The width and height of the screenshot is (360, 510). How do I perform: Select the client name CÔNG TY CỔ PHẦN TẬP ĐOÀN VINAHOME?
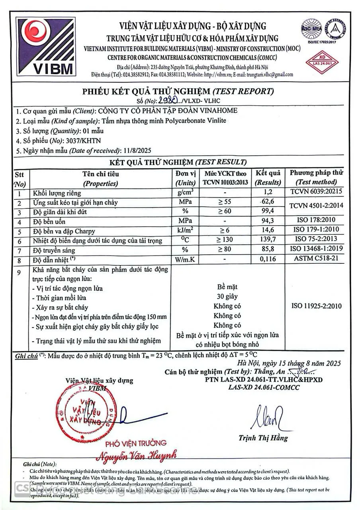[x=168, y=111]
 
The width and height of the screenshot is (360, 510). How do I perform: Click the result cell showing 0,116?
[x=268, y=259]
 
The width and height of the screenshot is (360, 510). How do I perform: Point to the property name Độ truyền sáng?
[x=54, y=250]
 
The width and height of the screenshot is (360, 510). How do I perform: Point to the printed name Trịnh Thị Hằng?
[x=263, y=438]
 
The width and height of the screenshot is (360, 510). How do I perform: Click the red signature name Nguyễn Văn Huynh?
[x=137, y=455]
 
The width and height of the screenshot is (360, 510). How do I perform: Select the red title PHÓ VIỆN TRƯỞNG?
[x=136, y=443]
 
